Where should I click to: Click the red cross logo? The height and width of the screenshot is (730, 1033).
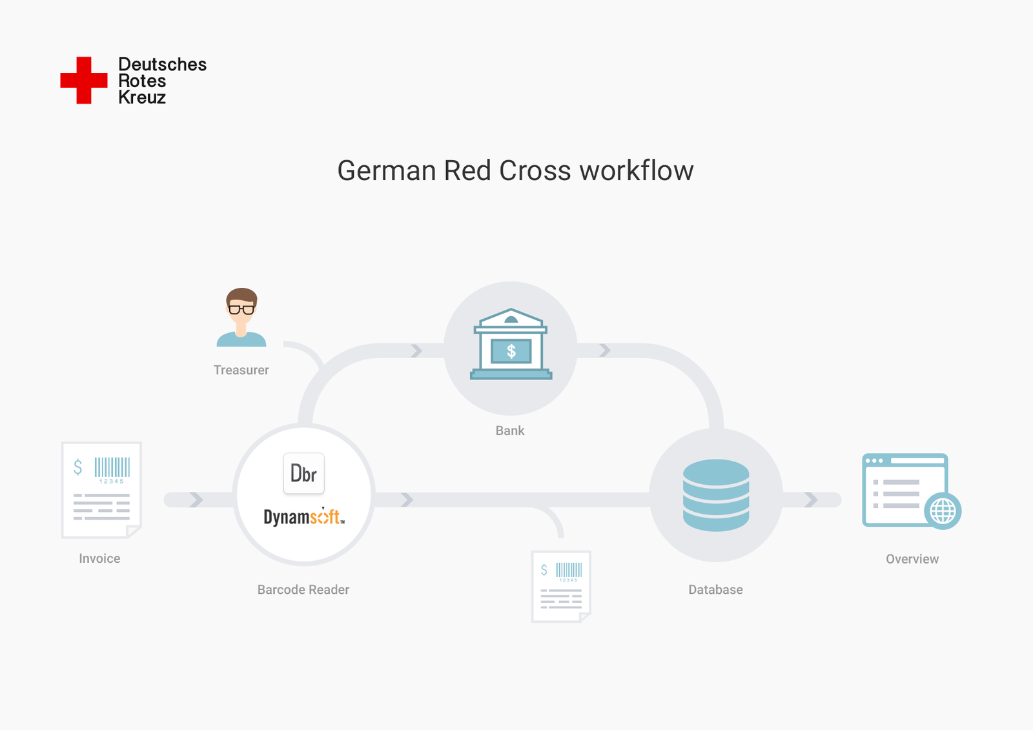point(84,80)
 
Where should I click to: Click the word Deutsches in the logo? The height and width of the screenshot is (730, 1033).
point(162,65)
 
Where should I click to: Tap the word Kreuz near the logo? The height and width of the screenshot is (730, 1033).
point(142,97)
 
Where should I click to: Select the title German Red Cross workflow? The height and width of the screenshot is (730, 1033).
point(515,171)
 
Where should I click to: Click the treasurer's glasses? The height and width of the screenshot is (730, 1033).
point(241,310)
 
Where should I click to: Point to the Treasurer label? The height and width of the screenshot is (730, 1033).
point(241,370)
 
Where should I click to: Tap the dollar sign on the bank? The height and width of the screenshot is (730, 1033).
point(511,351)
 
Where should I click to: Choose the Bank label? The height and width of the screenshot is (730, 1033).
point(509,431)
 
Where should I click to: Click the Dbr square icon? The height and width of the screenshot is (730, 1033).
point(303,474)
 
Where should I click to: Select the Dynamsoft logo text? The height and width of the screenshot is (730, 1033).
point(303,516)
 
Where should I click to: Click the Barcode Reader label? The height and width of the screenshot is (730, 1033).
point(303,589)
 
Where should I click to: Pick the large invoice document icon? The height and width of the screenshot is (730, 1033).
point(101,490)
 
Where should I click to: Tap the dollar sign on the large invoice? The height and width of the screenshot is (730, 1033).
point(78,467)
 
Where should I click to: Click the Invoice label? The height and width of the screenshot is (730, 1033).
point(99,558)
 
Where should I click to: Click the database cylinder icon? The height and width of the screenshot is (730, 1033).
point(715,495)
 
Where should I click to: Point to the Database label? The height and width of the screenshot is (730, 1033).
point(715,589)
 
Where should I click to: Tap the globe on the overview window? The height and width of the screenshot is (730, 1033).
point(943,511)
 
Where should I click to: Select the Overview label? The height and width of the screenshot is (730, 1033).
point(912,559)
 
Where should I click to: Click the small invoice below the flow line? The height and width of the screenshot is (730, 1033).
point(561,586)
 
